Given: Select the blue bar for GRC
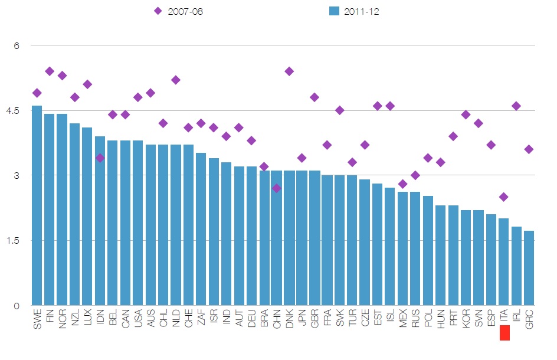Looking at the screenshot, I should point(529,268).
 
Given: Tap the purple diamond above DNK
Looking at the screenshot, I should point(289,71).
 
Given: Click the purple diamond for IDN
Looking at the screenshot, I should point(100,158).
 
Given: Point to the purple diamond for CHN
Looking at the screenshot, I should point(276,188).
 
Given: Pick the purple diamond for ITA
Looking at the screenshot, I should point(503,197).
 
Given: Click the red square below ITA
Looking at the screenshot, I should point(504,333).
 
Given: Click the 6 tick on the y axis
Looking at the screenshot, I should point(17,45).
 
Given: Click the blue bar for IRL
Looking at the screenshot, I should point(516,266).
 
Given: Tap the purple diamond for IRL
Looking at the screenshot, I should point(516,106).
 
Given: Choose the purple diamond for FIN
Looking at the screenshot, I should point(50,71).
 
